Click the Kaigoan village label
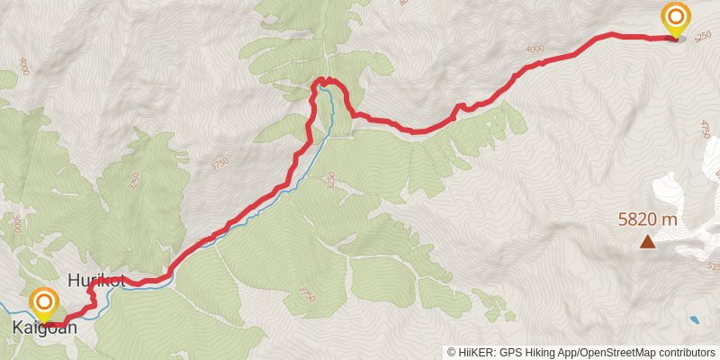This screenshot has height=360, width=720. pyautogui.click(x=44, y=328)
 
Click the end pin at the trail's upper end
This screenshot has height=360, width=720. pyautogui.click(x=675, y=17)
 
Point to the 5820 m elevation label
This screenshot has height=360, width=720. pyautogui.click(x=647, y=219)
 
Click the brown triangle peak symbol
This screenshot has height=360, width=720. pyautogui.click(x=647, y=241)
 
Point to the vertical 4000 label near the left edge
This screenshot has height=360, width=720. pyautogui.click(x=24, y=67)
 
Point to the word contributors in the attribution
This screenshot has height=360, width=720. pyautogui.click(x=683, y=353)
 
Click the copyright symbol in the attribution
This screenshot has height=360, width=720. pyautogui.click(x=452, y=353)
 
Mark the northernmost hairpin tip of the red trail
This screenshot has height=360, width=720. pyautogui.click(x=322, y=80)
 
